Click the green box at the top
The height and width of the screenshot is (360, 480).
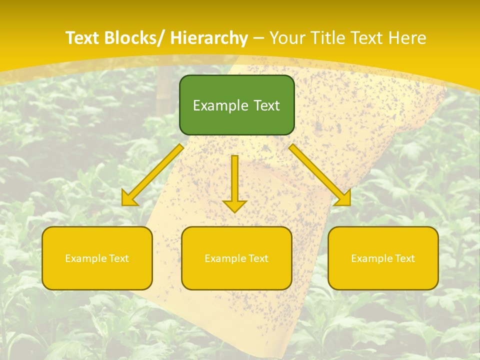point(236,105)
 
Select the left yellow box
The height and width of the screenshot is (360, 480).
point(97,258)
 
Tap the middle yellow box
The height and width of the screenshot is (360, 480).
point(236,258)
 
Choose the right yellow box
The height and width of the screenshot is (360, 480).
point(383,258)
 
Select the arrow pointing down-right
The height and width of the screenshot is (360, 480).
point(319,174)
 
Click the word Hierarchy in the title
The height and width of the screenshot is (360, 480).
point(209,38)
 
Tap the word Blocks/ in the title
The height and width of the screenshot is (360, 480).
point(131,38)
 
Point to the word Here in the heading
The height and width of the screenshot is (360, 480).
point(407,38)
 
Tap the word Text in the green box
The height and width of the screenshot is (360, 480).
point(266,105)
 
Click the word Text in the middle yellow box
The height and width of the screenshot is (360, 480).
point(257,258)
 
